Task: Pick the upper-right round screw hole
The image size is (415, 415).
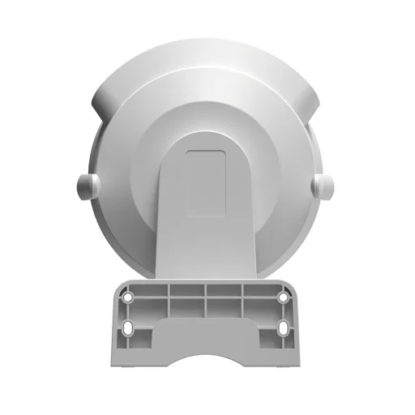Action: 282,297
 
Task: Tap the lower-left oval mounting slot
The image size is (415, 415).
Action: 130,331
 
